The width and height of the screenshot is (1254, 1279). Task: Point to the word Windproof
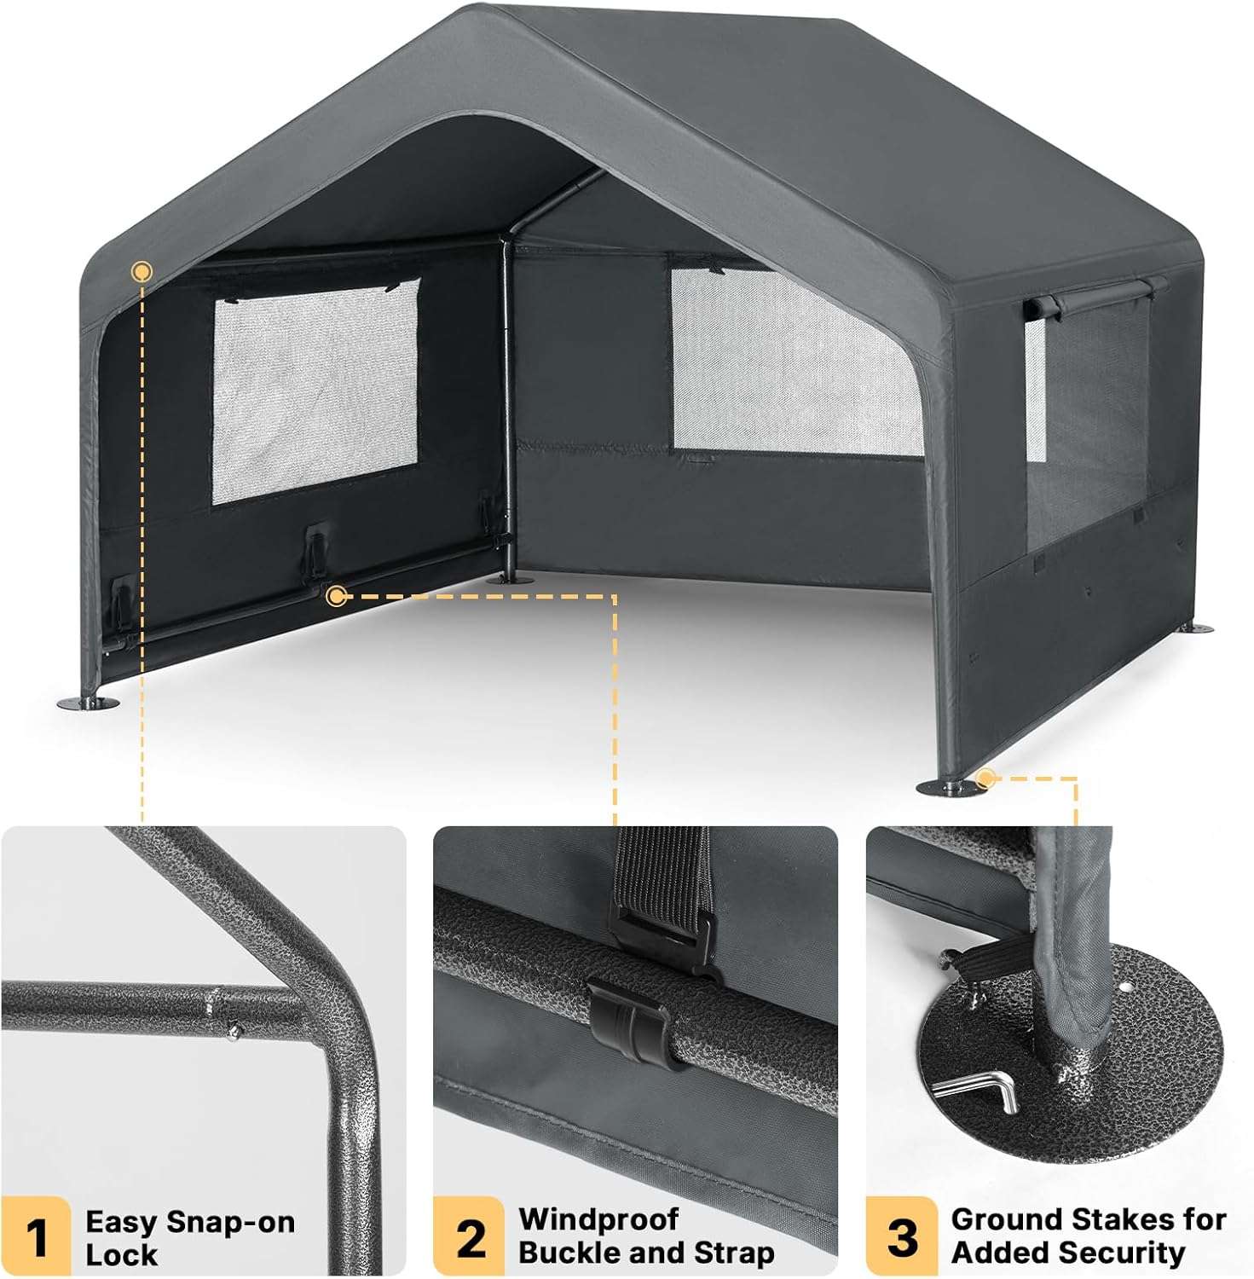tap(598, 1219)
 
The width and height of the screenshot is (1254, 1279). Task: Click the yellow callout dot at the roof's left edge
tap(142, 272)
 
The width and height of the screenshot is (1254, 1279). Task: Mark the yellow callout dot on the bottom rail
tap(337, 596)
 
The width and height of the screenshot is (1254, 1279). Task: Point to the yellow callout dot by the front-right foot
tap(986, 778)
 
